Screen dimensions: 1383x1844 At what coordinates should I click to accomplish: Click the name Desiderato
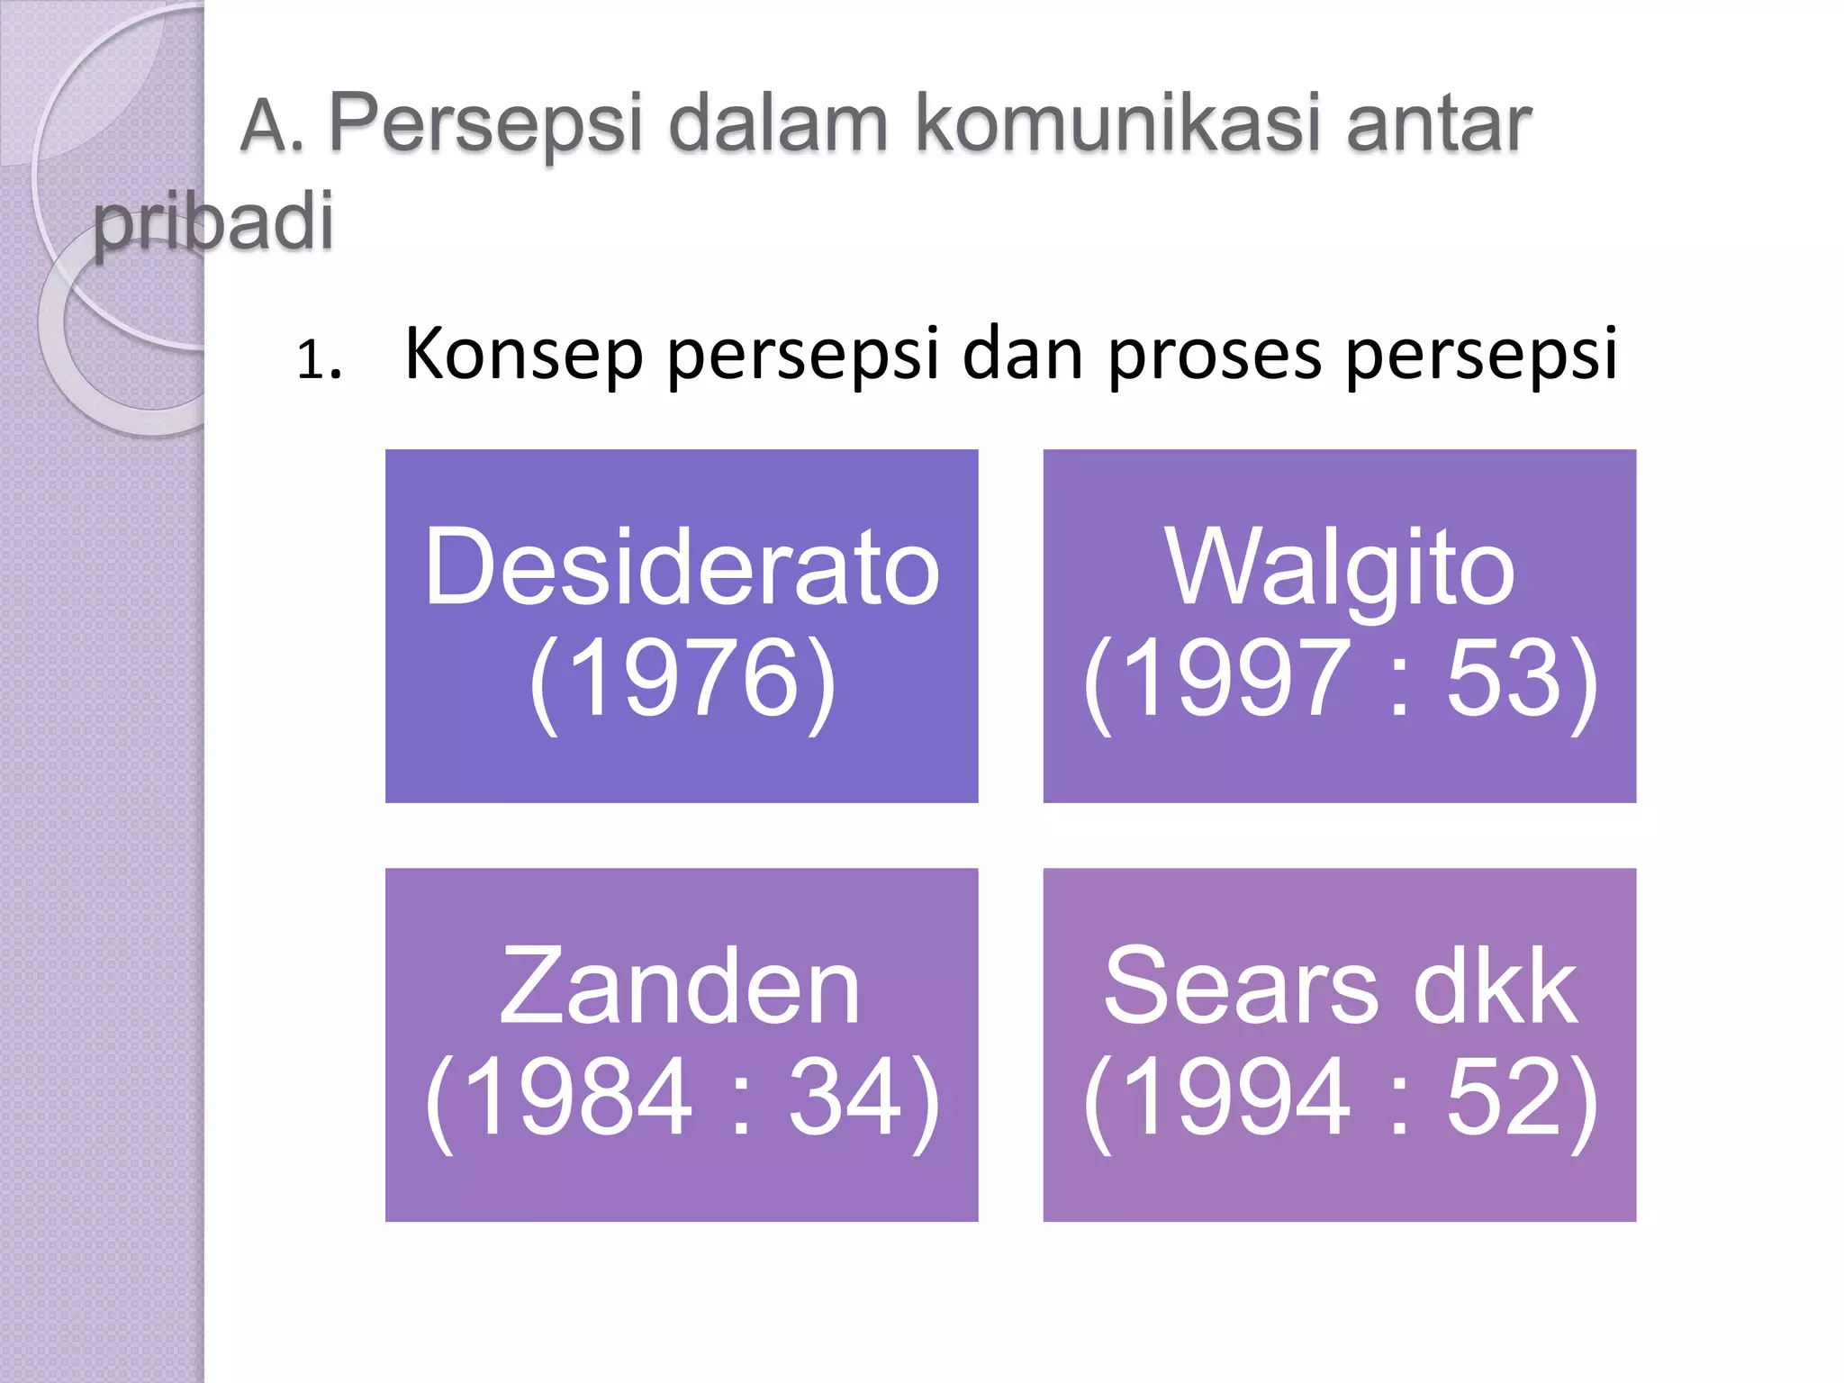(682, 567)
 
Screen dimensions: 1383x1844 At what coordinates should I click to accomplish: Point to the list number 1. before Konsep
(319, 360)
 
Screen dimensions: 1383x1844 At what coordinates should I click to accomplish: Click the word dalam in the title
(779, 123)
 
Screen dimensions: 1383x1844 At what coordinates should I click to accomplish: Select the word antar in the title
(1439, 123)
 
